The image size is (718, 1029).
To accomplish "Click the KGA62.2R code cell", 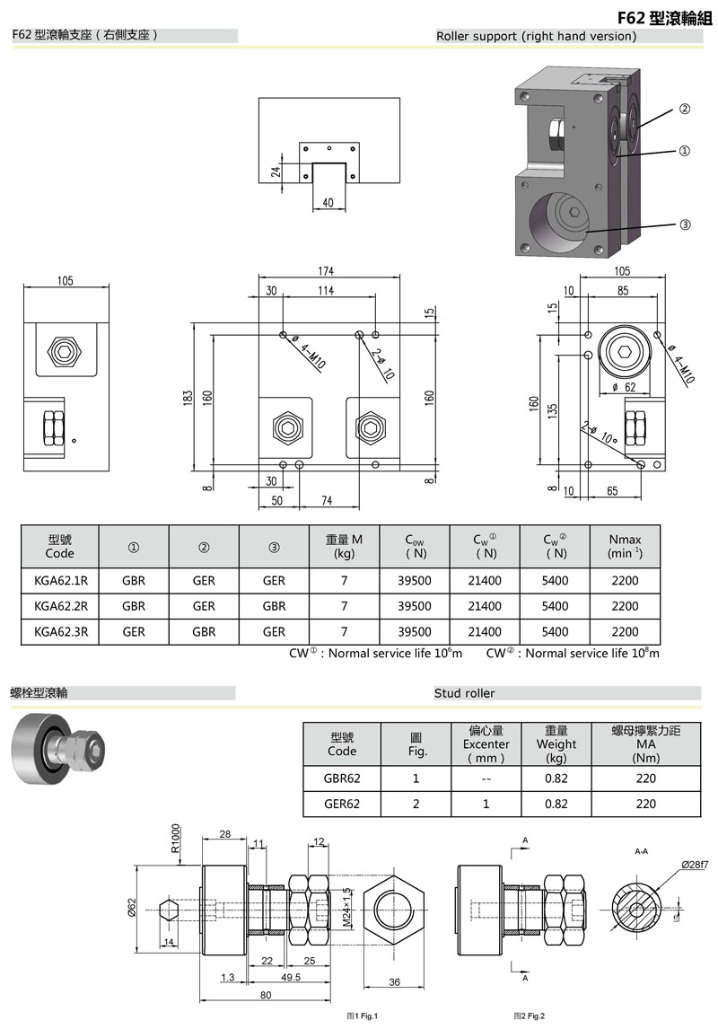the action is click(x=60, y=606).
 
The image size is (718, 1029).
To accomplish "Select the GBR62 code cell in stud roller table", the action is click(x=342, y=778).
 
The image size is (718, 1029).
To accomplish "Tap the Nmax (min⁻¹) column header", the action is click(x=625, y=546).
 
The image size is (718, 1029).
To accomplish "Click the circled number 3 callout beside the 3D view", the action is click(x=685, y=224).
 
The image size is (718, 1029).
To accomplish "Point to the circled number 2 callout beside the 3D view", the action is click(x=684, y=109).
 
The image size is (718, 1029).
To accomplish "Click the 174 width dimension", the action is click(x=326, y=271).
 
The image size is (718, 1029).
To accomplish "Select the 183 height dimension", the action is click(x=188, y=398).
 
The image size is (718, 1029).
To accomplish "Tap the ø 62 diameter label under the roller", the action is click(x=624, y=387).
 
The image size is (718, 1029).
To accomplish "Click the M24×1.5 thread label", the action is click(x=346, y=907).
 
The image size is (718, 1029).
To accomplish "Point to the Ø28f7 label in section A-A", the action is click(x=695, y=865).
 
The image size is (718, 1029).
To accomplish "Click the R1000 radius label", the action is click(x=175, y=838).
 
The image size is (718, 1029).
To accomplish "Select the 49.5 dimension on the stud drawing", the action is click(x=291, y=977).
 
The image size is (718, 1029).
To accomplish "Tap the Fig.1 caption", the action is click(x=363, y=1016).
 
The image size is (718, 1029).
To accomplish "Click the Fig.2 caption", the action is click(x=530, y=1016).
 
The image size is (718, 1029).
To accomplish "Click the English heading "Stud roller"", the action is click(x=464, y=693).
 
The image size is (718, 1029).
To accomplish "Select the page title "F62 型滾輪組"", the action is click(x=664, y=18).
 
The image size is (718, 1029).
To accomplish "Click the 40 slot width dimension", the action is click(x=328, y=203).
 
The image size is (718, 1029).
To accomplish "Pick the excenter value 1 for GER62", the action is click(x=486, y=804).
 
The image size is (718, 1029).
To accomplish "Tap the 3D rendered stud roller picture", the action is click(x=57, y=749).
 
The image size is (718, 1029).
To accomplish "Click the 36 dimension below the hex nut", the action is click(x=394, y=982).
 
